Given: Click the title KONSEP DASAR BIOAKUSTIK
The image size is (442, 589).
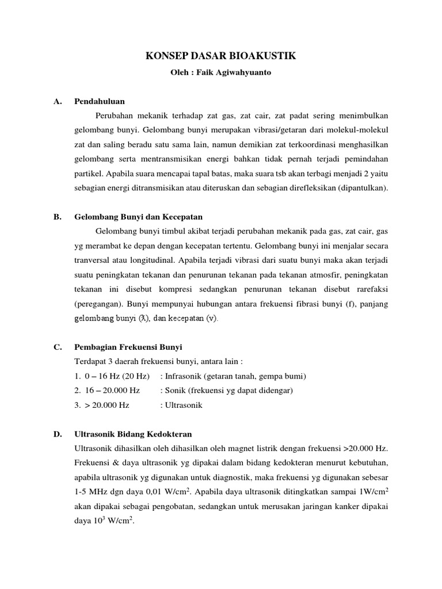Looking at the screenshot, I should (220, 56).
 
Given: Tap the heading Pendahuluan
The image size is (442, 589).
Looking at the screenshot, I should (99, 101).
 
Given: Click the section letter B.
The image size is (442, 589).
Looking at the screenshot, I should (57, 217).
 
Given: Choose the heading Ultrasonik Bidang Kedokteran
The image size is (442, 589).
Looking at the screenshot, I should (133, 434).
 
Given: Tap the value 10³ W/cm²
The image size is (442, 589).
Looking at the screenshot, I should (114, 521).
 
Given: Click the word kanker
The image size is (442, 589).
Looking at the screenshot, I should (342, 506).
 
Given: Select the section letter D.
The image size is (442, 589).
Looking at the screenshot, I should (57, 434).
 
